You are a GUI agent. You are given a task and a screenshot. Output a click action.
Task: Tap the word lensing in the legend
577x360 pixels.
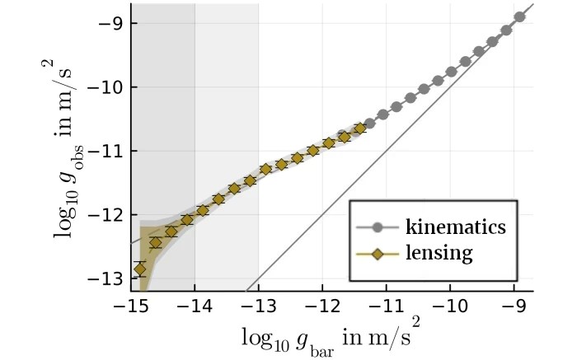(439, 253)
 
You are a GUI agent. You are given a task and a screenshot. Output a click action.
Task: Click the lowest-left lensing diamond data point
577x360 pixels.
(139, 269)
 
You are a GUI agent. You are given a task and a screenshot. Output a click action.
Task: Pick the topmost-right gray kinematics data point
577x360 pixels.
(520, 16)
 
